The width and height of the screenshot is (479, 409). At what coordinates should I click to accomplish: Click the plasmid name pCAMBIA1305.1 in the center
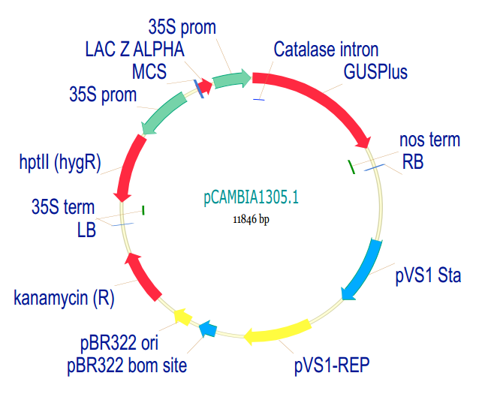(252, 198)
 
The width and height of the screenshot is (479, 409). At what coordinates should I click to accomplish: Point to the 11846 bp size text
(251, 219)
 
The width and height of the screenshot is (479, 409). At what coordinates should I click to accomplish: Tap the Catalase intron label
(326, 50)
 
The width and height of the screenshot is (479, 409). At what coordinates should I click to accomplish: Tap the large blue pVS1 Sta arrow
(363, 269)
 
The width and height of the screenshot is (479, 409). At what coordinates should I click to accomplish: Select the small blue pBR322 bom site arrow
(208, 328)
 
